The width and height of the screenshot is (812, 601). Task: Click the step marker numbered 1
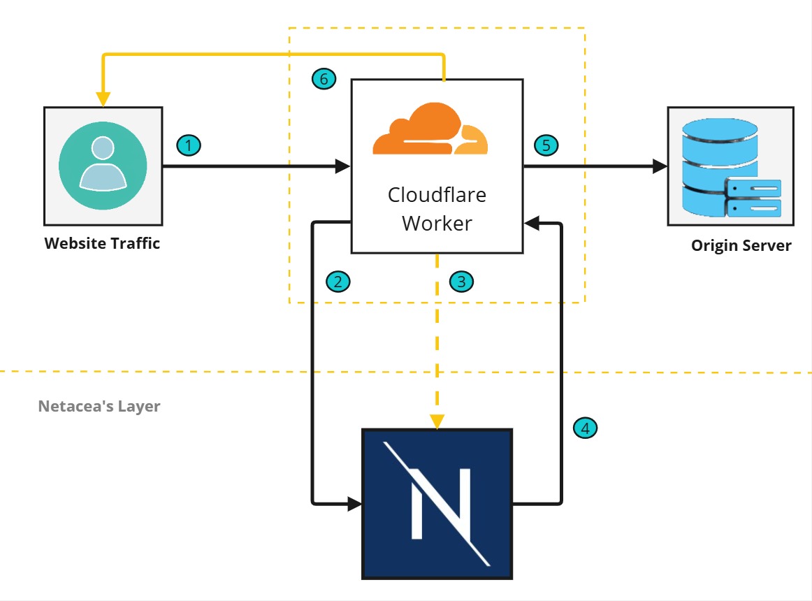pyautogui.click(x=189, y=145)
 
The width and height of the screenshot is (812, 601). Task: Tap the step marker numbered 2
pyautogui.click(x=338, y=282)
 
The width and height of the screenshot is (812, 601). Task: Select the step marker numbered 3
pyautogui.click(x=462, y=282)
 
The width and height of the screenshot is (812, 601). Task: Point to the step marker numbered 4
pyautogui.click(x=585, y=428)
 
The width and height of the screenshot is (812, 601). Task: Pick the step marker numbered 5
pyautogui.click(x=546, y=145)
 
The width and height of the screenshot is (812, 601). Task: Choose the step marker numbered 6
pyautogui.click(x=323, y=79)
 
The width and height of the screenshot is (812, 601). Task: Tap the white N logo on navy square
pyautogui.click(x=437, y=503)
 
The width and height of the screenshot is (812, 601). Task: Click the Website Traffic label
pyautogui.click(x=103, y=244)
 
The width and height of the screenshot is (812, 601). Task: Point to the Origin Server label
pyautogui.click(x=741, y=246)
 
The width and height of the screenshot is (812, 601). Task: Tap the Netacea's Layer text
pyautogui.click(x=99, y=406)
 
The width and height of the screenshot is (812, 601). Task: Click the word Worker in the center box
pyautogui.click(x=437, y=224)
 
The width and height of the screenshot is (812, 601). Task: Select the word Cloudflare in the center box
pyautogui.click(x=437, y=195)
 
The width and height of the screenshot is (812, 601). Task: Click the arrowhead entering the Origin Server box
pyautogui.click(x=660, y=166)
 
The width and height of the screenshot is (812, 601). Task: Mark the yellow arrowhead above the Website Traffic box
pyautogui.click(x=103, y=100)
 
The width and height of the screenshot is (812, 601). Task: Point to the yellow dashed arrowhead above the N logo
pyautogui.click(x=437, y=421)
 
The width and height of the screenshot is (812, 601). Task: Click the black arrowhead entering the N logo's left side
pyautogui.click(x=355, y=502)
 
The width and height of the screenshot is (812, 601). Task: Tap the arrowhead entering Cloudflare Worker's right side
pyautogui.click(x=531, y=224)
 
